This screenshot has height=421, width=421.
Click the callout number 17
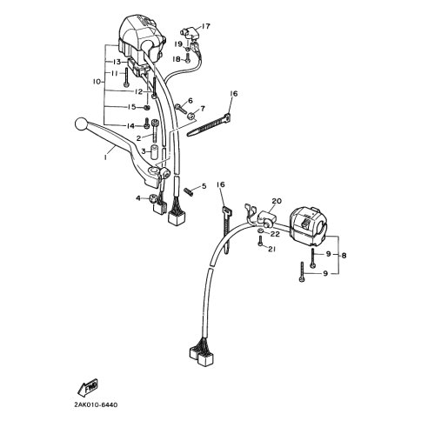point(205,26)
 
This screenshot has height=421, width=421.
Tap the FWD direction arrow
point(88,388)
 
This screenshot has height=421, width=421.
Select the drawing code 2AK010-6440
point(94,404)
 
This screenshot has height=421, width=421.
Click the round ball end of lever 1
point(81,124)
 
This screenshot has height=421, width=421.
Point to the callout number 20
point(277,201)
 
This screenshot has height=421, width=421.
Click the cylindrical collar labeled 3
point(155,153)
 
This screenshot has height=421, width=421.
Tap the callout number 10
point(97,82)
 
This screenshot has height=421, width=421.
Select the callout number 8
point(344,256)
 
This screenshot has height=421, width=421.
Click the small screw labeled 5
point(189,192)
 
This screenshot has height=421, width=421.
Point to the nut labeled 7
point(190,116)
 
